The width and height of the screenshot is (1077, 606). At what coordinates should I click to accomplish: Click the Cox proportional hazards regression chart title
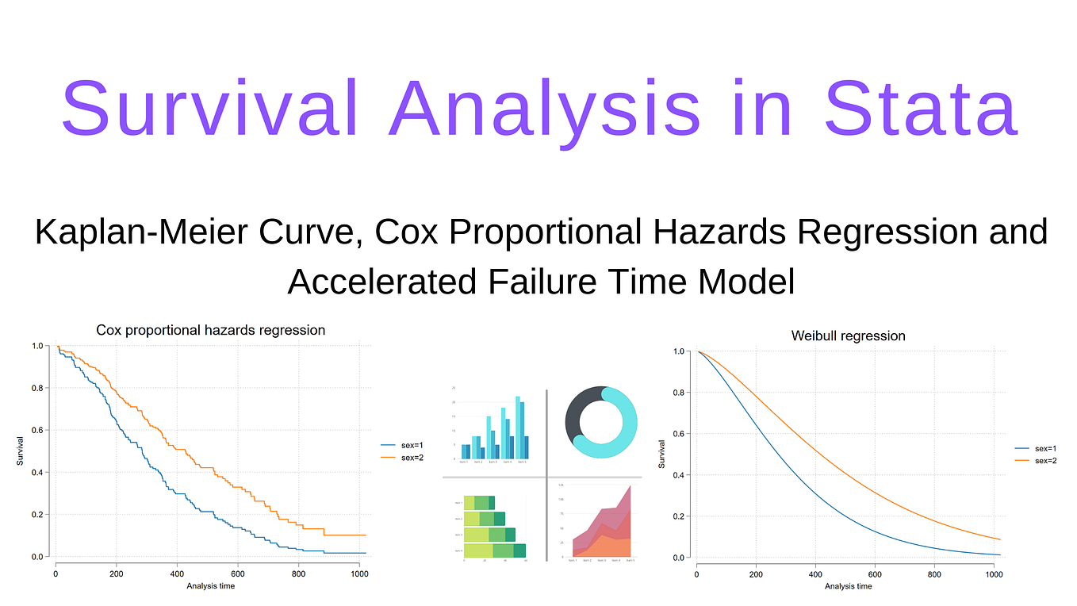pos(210,330)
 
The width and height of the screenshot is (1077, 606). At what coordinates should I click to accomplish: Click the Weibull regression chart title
pos(848,336)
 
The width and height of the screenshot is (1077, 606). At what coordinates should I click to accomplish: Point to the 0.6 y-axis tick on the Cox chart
pos(37,431)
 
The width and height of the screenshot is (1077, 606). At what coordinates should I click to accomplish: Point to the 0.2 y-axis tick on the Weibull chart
pos(677,516)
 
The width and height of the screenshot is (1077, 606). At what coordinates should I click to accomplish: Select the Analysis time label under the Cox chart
pos(210,586)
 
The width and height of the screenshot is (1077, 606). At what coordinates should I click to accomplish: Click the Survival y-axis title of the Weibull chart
pos(661,454)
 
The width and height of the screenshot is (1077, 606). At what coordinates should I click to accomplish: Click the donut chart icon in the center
pos(600,422)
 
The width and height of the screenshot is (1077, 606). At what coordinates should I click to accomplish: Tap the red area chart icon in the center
pos(601,524)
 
